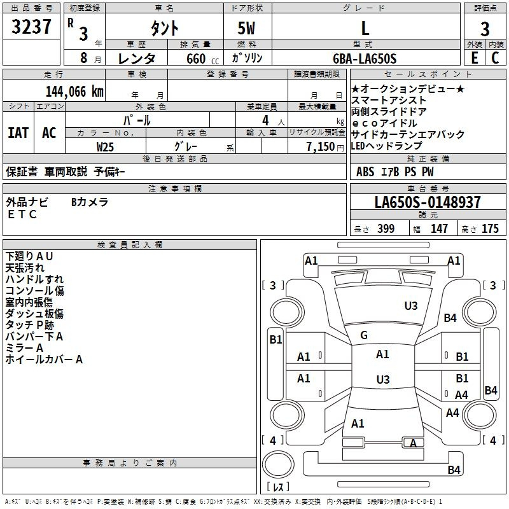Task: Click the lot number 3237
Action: (31, 27)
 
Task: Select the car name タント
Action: (165, 28)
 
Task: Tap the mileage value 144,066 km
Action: (74, 92)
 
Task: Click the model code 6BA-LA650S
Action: (365, 59)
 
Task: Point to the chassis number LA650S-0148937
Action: (428, 202)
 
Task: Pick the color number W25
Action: (105, 147)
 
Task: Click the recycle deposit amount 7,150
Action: (321, 147)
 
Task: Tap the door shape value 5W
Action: (246, 28)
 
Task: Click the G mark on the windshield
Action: (364, 335)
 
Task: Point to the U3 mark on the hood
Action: (411, 306)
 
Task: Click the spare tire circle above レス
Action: (278, 464)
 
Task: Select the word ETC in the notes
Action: (22, 214)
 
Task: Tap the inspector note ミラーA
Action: (24, 348)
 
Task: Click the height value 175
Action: (490, 228)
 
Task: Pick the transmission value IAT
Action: (18, 133)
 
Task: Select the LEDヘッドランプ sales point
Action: (387, 146)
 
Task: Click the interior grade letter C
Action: (495, 58)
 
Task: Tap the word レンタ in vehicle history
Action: (137, 59)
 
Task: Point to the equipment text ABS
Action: (365, 172)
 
